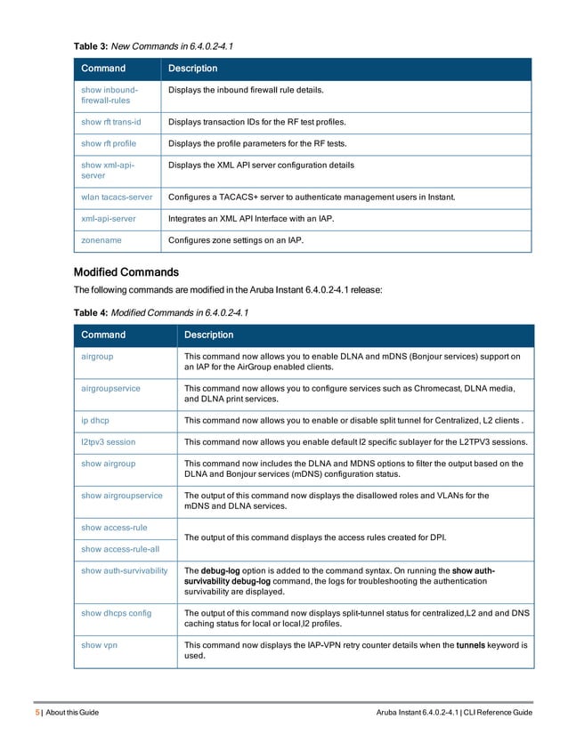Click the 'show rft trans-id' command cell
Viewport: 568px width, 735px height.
coord(110,120)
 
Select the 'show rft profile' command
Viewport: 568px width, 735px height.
coord(109,143)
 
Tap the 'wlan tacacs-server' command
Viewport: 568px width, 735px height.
coord(117,196)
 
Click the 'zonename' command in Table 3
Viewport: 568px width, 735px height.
coord(101,239)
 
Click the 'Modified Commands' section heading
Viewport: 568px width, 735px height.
coord(126,272)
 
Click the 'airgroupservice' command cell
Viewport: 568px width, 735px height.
coord(110,388)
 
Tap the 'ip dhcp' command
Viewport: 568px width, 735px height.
coord(95,420)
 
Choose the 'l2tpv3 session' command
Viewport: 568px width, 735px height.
coord(108,442)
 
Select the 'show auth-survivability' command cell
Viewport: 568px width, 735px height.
coord(125,570)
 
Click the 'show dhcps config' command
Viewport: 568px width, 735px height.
coord(116,613)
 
